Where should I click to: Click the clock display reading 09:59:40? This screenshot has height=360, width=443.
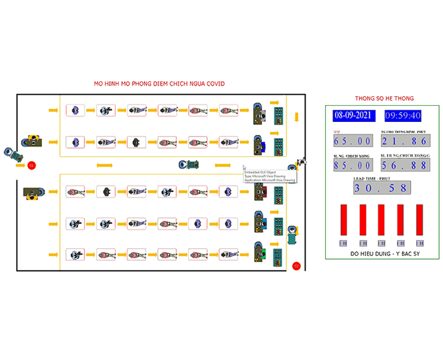tap(403, 116)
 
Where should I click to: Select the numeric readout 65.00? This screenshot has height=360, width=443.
tap(352, 141)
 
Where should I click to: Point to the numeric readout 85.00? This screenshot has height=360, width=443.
tap(352, 166)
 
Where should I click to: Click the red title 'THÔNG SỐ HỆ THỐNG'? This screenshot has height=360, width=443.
tap(384, 98)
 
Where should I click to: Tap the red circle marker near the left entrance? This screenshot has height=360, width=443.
tap(32, 165)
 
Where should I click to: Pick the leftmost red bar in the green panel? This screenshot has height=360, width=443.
tap(343, 222)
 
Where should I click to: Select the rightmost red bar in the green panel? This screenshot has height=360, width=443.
tap(419, 222)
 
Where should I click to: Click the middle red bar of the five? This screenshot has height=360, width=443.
tap(381, 222)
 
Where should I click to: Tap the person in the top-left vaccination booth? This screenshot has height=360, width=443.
tap(74, 110)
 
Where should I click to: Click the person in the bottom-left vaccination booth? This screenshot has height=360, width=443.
tap(74, 255)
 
